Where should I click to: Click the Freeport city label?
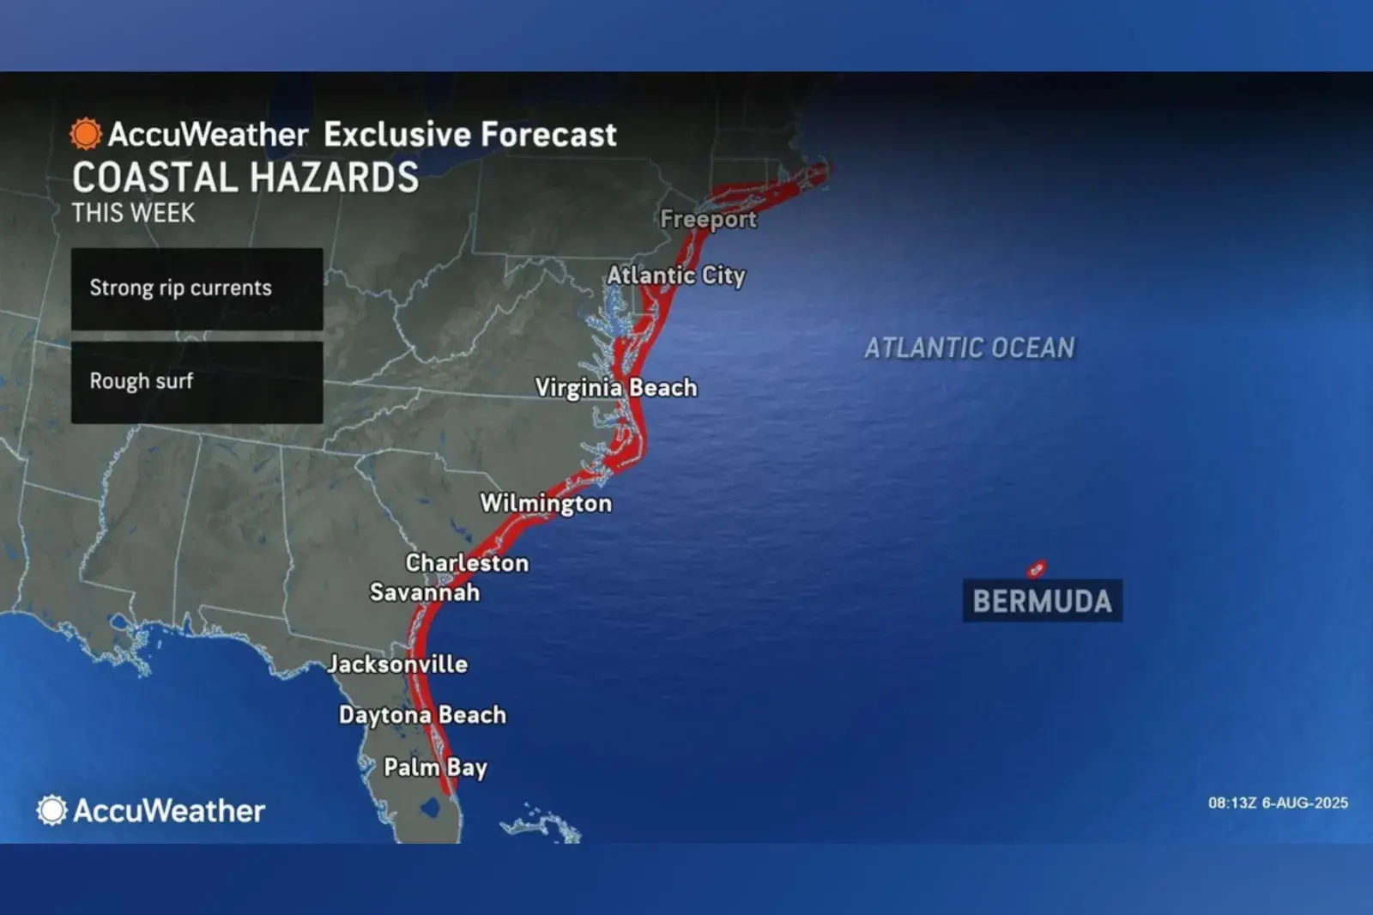pos(708,219)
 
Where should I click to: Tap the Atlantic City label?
pos(676,276)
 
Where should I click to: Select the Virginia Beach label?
pos(616,387)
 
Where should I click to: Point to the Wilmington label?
pos(546,503)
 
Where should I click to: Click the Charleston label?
pos(467,563)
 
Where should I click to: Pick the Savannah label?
pos(425,592)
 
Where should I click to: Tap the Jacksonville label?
pos(397,664)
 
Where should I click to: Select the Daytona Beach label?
pos(422,715)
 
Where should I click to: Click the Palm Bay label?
pos(435,767)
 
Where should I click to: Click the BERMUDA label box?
pos(1042,601)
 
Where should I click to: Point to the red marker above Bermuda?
pos(1037,569)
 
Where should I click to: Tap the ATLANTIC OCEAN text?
pos(969,348)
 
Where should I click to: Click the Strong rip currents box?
pos(197,288)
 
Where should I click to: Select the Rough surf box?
pos(197,382)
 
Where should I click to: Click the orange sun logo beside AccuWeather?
pos(86,134)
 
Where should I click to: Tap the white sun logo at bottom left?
pos(51,810)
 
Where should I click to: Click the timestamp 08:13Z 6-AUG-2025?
pos(1278,803)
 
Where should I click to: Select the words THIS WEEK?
pos(133,213)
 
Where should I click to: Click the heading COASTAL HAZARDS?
pos(245,178)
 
